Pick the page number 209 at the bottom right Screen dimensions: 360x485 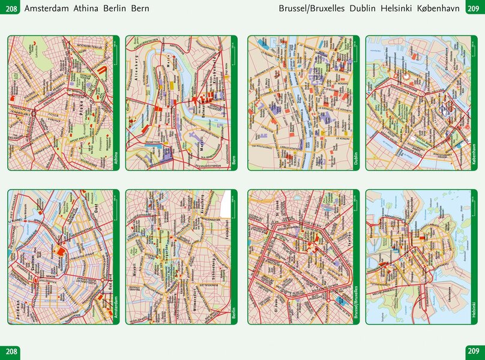[474, 351]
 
